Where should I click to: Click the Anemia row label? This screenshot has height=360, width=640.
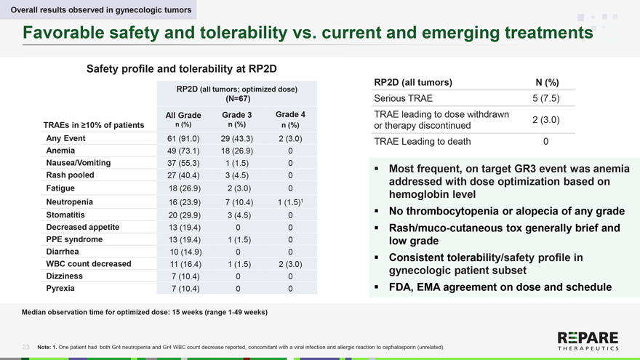[x=62, y=151]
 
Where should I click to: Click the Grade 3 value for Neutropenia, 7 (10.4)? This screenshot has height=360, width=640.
[x=236, y=202]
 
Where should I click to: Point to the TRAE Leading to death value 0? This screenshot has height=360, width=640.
[x=545, y=141]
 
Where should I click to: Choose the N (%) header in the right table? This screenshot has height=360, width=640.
[x=542, y=82]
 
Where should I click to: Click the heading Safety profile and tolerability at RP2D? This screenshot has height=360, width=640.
[x=182, y=69]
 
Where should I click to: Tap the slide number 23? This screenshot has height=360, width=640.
[x=26, y=347]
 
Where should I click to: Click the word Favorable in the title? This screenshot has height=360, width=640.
[x=64, y=33]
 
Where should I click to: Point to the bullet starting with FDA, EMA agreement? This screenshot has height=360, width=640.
[x=500, y=287]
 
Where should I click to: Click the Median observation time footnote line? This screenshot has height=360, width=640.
[x=145, y=312]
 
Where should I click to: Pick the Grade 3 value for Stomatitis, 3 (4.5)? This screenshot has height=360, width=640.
[x=236, y=215]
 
